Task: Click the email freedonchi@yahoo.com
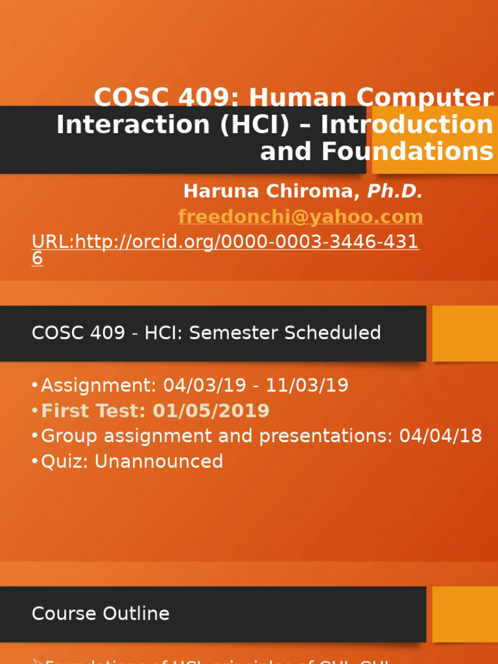pyautogui.click(x=300, y=217)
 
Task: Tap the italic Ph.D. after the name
pyautogui.click(x=395, y=191)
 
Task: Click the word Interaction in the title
pyautogui.click(x=134, y=124)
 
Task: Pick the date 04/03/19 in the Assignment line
pyautogui.click(x=205, y=386)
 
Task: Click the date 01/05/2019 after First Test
pyautogui.click(x=211, y=411)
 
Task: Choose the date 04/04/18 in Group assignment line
pyautogui.click(x=441, y=436)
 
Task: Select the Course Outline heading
pyautogui.click(x=101, y=614)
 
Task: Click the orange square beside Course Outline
pyautogui.click(x=465, y=614)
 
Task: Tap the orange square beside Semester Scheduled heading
pyautogui.click(x=465, y=333)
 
